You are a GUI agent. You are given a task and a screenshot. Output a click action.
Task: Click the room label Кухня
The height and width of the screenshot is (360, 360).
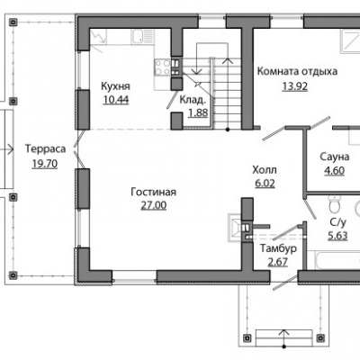coord(115,86)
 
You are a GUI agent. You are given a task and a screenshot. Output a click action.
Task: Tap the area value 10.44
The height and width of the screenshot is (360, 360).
coord(116,99)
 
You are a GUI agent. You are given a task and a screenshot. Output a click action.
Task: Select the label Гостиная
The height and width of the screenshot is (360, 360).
coord(154,192)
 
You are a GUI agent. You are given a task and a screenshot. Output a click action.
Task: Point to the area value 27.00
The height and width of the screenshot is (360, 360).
coord(154,205)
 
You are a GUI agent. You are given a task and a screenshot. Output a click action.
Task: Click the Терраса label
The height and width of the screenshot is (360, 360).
coord(45,149)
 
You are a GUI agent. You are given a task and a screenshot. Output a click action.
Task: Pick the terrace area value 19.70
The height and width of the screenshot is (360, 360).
coord(45,164)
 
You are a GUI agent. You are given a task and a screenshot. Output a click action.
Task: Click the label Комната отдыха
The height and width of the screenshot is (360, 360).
coord(297,72)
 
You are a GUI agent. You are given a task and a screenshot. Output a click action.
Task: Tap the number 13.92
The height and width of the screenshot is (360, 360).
coord(295,86)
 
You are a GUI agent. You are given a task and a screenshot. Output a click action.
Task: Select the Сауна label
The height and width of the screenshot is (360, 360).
coord(334,157)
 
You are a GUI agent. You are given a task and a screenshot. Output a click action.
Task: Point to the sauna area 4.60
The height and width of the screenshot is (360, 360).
coord(334,170)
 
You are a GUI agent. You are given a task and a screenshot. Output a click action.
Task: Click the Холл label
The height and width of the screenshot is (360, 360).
coord(265,170)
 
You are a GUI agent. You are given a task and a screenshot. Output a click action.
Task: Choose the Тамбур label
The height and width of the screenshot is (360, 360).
coord(278,248)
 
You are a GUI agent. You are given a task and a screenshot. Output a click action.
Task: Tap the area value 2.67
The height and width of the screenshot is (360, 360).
coord(278,262)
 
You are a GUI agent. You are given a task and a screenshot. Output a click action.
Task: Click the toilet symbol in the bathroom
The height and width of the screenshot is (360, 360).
coord(334,203)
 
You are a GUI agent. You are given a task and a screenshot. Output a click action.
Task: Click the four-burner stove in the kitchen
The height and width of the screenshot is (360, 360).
coord(163,67)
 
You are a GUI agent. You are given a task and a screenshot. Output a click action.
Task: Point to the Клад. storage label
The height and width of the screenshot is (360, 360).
coord(193,100)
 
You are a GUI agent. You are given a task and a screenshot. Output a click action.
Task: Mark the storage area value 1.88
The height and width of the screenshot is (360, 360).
coord(198,112)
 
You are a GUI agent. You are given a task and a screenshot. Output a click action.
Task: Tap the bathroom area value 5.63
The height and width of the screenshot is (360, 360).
coord(337,236)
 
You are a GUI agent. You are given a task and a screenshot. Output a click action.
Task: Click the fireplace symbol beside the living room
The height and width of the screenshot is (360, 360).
coord(235,227)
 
